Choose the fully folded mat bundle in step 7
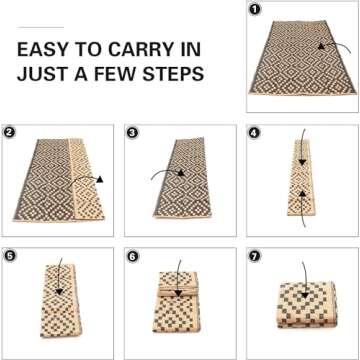(x=301, y=310)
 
